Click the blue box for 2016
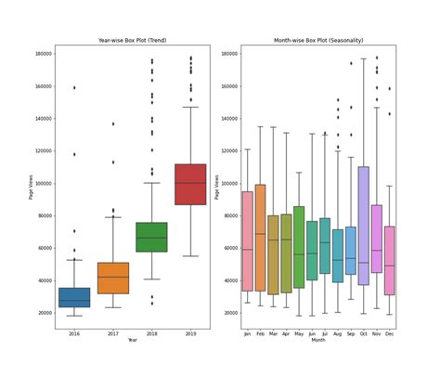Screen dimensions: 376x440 coord(75,297)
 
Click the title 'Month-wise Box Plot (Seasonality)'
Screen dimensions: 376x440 coord(330,41)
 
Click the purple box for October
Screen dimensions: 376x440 coord(363,226)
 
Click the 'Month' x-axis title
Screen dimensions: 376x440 coord(318,341)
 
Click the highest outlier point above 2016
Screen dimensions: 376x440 coord(75,88)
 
